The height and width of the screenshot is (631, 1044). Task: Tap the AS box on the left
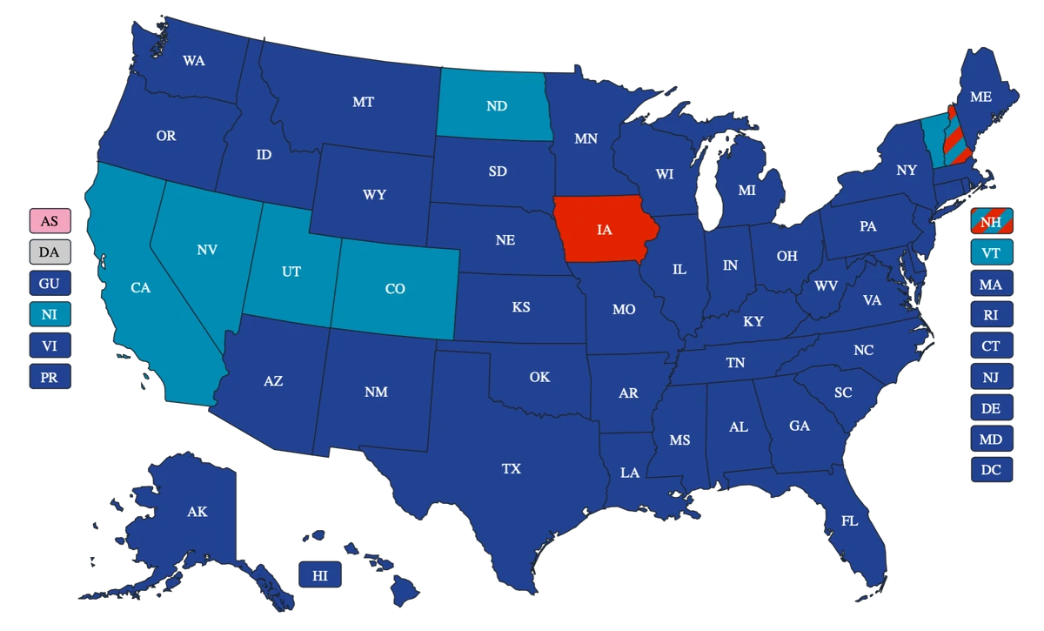click(50, 221)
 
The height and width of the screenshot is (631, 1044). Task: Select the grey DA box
click(50, 252)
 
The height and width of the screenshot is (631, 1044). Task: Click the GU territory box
click(50, 284)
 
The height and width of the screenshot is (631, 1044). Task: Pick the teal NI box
click(50, 314)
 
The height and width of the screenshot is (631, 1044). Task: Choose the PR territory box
click(50, 378)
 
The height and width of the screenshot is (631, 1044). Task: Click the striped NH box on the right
click(990, 222)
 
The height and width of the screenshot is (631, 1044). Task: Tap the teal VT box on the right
click(990, 253)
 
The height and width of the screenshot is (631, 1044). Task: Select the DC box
click(990, 470)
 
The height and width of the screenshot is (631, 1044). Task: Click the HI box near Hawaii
click(320, 575)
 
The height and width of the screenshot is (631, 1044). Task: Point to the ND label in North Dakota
click(497, 106)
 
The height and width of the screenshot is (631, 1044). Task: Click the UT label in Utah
click(291, 272)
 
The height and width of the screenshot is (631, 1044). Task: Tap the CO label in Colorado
click(395, 289)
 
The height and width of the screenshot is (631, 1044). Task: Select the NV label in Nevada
click(207, 250)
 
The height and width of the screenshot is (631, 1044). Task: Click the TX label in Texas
click(512, 469)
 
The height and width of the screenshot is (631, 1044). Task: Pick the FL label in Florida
click(849, 520)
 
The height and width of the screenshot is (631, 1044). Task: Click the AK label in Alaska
click(197, 512)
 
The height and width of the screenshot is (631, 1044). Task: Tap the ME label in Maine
click(980, 97)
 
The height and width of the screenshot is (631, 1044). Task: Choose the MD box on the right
click(990, 440)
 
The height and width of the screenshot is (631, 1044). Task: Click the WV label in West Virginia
click(826, 285)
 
